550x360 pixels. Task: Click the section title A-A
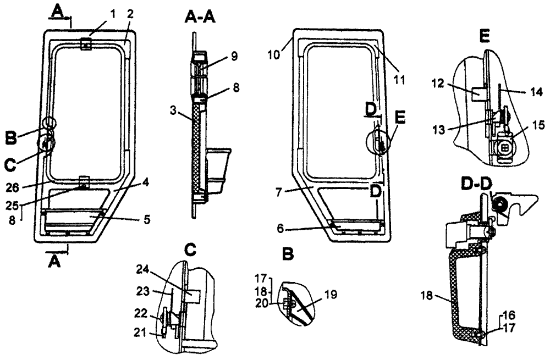200,18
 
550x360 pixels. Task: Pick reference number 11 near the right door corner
399,80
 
